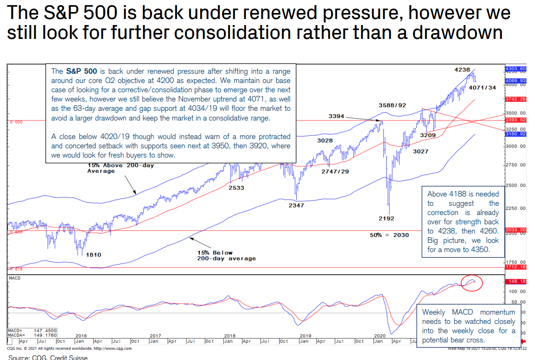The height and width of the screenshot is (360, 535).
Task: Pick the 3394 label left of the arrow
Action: pos(337,116)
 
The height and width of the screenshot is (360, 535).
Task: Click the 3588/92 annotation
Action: pos(392,106)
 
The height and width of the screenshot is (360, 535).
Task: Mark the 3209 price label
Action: pos(428,136)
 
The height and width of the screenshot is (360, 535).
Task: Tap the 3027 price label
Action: pos(420,151)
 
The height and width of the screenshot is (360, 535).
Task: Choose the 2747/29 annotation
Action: pos(335,171)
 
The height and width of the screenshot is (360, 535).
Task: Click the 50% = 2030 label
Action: pos(389,235)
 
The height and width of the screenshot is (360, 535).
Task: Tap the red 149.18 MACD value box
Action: pos(516,281)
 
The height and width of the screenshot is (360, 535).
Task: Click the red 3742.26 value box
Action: pos(516,99)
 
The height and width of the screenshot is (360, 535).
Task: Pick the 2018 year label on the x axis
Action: pos(230,335)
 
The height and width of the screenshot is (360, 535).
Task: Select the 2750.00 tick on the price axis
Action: pos(516,165)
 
